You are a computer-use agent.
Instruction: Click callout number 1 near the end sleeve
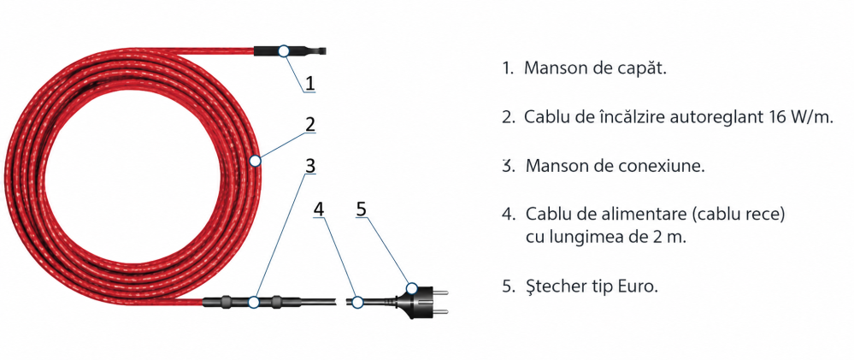click(309, 83)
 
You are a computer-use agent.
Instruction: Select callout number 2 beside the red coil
click(309, 125)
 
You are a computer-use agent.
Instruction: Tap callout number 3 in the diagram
click(309, 166)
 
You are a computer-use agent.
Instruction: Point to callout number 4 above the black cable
click(319, 210)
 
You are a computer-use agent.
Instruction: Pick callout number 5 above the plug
click(362, 210)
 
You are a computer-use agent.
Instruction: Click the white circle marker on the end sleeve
click(283, 51)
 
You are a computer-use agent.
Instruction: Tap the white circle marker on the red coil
click(255, 161)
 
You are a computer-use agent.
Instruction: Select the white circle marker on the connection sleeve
click(254, 302)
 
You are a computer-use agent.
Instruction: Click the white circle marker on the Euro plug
click(412, 288)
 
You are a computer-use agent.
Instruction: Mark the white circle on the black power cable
click(356, 302)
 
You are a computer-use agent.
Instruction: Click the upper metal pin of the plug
click(440, 292)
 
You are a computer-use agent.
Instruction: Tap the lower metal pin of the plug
click(440, 311)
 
